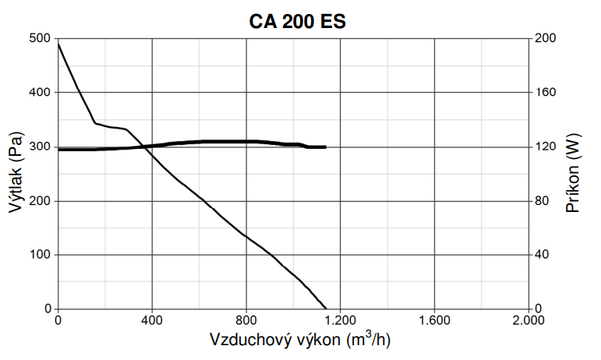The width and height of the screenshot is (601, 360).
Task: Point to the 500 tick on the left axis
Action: tap(39, 38)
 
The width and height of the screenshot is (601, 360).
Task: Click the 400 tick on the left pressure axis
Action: tap(39, 93)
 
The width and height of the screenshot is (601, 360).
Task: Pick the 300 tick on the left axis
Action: tap(39, 146)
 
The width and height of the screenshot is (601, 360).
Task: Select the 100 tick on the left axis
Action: tap(39, 256)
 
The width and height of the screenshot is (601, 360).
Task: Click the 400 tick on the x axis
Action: tap(152, 320)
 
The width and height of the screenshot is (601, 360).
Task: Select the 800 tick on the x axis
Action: tap(246, 320)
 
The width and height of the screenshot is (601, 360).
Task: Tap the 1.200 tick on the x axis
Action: tap(340, 320)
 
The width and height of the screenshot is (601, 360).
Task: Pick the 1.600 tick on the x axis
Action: tap(434, 320)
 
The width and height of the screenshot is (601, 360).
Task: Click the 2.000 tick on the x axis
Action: tap(528, 320)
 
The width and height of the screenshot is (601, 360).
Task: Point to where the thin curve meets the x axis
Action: tap(326, 309)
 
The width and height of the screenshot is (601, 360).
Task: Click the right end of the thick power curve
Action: tap(325, 146)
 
